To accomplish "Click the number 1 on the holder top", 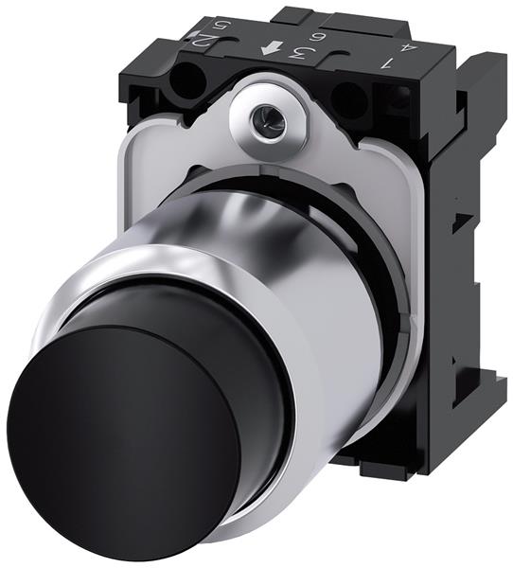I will (386, 63).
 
